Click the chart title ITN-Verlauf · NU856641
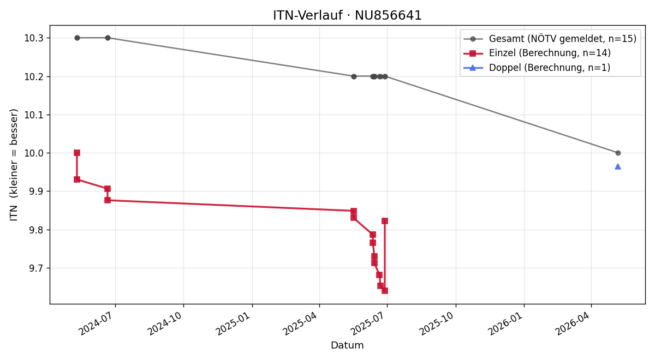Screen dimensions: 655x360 coord(347,15)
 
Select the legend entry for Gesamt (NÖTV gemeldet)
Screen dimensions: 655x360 coord(550,39)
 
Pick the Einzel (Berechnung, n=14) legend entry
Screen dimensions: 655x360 coord(537,53)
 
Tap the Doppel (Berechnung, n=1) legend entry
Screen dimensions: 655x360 coord(537,68)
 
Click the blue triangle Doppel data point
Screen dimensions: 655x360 coord(617,166)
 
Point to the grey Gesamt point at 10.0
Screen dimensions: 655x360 coord(618,153)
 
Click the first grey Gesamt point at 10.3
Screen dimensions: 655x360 coord(77,38)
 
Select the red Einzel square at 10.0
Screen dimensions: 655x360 coord(77,153)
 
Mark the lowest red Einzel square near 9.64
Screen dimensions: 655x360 coord(385,290)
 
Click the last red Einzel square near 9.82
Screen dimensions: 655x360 coord(385,221)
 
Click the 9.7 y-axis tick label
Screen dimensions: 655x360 coord(36,268)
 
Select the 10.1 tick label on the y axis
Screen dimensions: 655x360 coord(34,115)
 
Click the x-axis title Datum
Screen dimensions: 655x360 coord(347,345)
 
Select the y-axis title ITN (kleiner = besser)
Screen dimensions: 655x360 coord(14,165)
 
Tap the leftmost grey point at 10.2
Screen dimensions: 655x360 coord(354,76)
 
